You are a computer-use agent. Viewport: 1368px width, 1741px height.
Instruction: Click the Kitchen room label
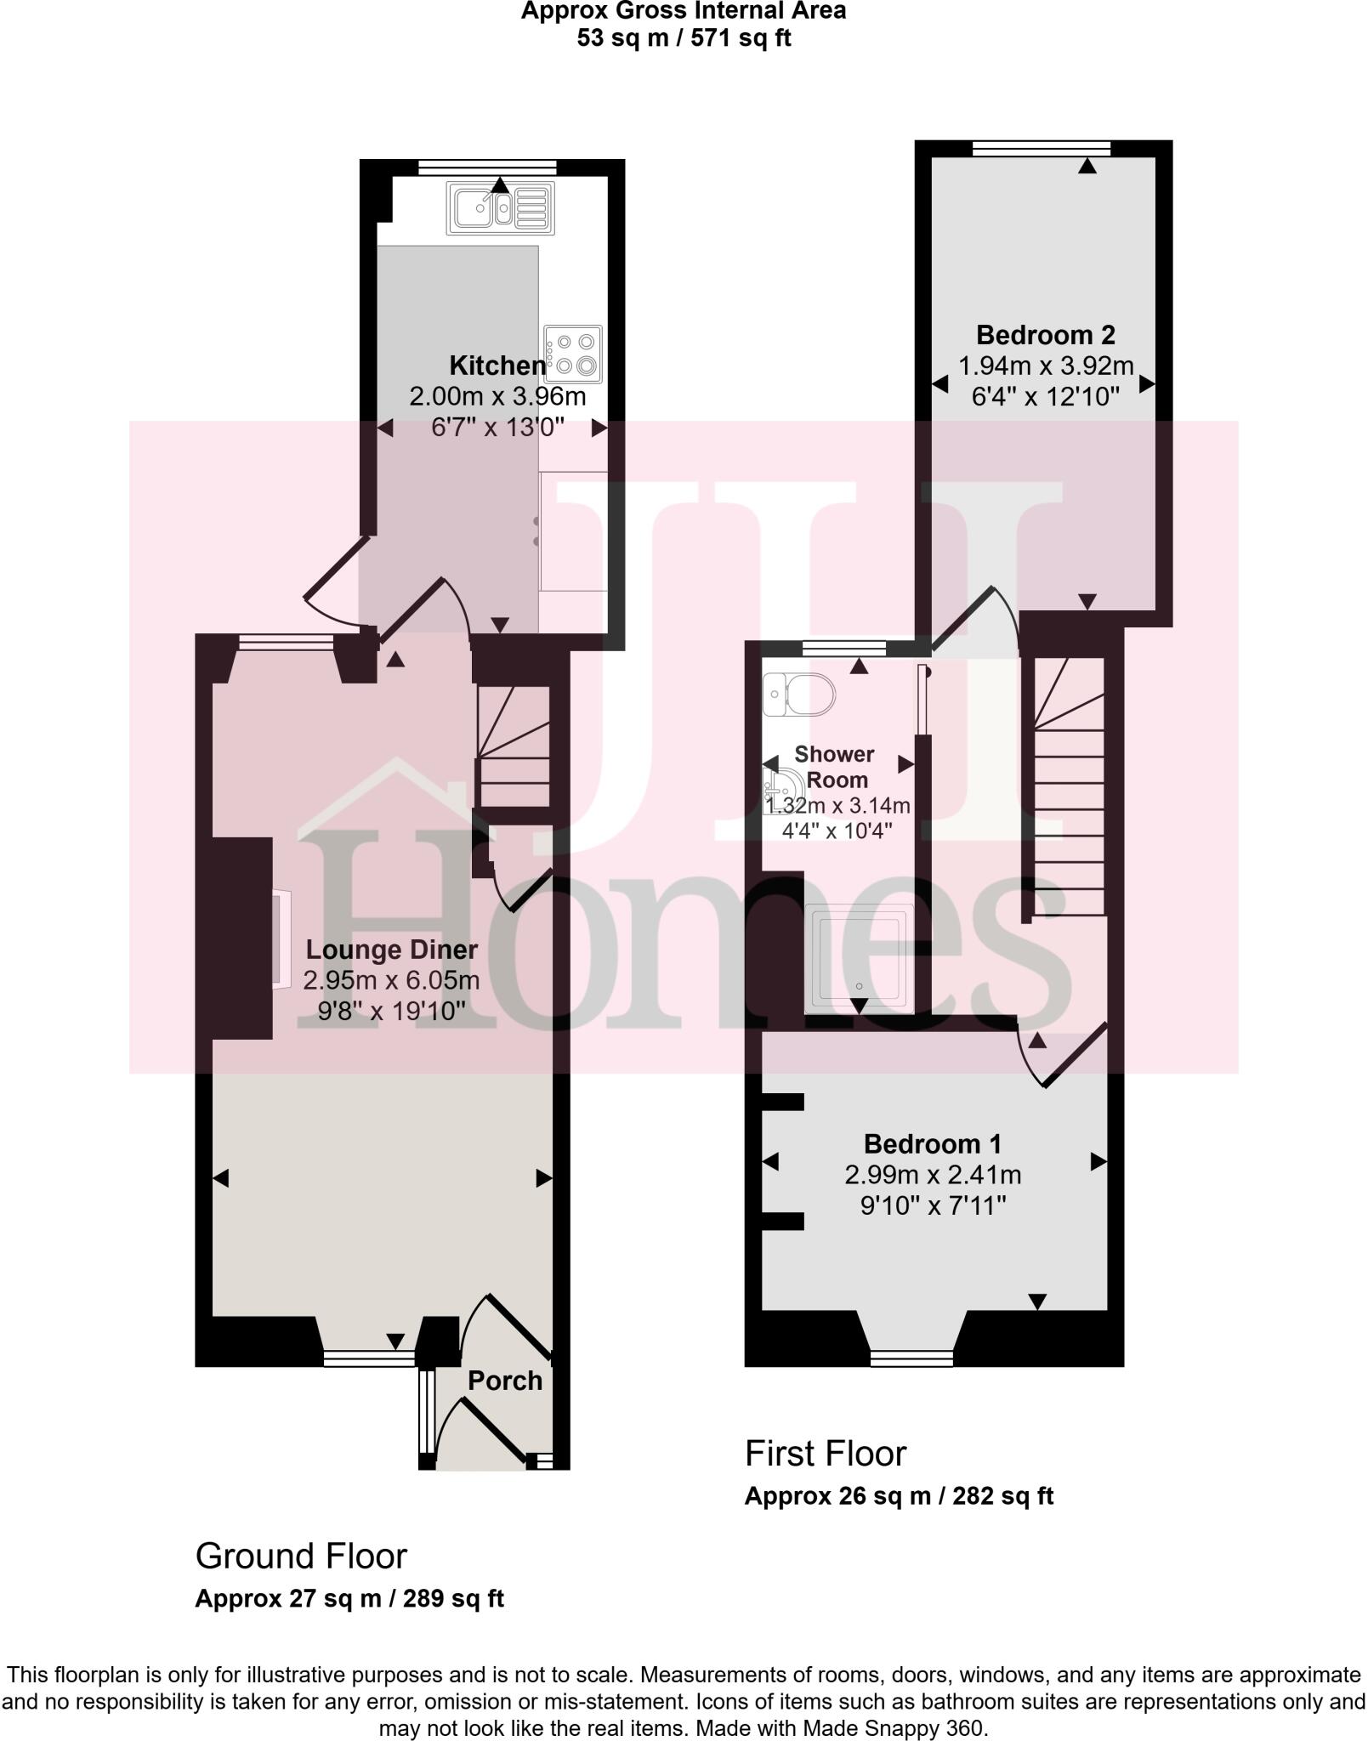pos(497,366)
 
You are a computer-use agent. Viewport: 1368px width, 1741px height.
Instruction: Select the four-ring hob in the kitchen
pos(574,354)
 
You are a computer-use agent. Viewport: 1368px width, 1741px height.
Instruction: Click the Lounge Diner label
pos(392,950)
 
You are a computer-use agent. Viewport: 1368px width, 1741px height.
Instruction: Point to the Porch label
pos(505,1381)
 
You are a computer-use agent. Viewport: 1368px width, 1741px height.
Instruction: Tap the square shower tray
pos(858,956)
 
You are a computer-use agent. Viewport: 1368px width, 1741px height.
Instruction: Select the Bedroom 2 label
pos(1045,335)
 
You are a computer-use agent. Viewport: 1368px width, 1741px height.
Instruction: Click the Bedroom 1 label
pos(933,1143)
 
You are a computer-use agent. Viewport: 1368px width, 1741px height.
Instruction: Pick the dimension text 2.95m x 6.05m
pos(392,980)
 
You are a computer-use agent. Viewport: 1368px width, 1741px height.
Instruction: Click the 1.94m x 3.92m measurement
pos(1046,366)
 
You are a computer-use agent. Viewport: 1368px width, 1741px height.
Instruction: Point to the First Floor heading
pos(826,1454)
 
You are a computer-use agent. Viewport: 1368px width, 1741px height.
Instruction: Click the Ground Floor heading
pos(302,1556)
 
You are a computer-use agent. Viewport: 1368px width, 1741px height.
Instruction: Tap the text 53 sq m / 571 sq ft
pos(684,38)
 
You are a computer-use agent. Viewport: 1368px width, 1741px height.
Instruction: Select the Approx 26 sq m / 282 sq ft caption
pos(899,1496)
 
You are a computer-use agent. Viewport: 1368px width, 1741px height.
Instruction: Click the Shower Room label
pos(836,767)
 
